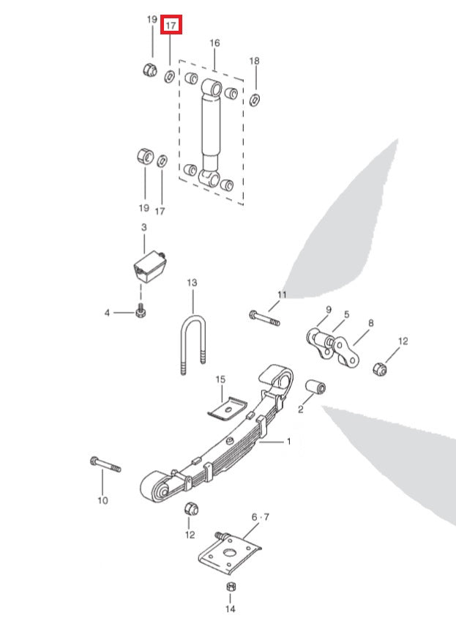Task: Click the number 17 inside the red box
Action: pyautogui.click(x=171, y=26)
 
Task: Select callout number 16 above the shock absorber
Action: pyautogui.click(x=214, y=44)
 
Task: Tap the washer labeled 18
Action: pyautogui.click(x=254, y=99)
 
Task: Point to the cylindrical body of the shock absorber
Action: pyautogui.click(x=211, y=127)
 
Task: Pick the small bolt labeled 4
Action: pyautogui.click(x=141, y=312)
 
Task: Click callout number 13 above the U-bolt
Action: pyautogui.click(x=192, y=282)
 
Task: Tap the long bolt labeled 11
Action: pyautogui.click(x=264, y=319)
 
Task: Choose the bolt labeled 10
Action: pyautogui.click(x=106, y=464)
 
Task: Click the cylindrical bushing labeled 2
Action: pyautogui.click(x=316, y=387)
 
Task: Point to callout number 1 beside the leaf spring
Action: pyautogui.click(x=288, y=442)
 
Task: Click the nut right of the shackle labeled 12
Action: pyautogui.click(x=381, y=367)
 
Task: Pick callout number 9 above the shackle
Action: pyautogui.click(x=329, y=310)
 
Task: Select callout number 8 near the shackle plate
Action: pyautogui.click(x=371, y=323)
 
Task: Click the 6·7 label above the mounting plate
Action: pyautogui.click(x=255, y=517)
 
